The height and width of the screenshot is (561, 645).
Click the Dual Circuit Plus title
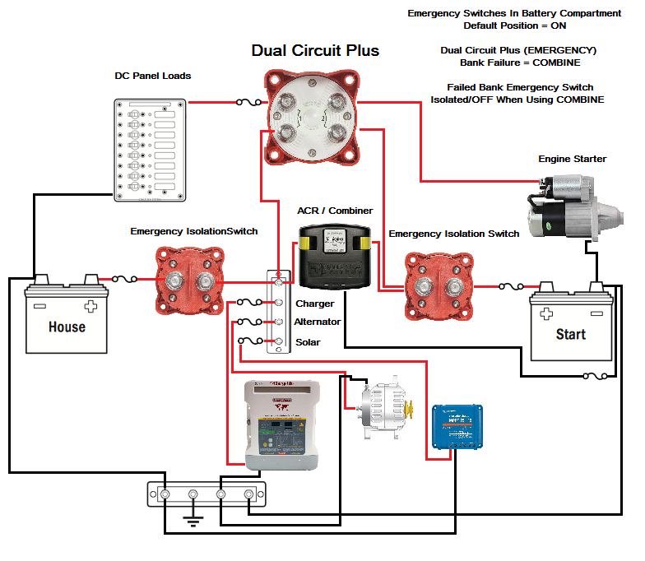click(315, 51)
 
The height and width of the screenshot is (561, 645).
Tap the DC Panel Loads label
click(153, 76)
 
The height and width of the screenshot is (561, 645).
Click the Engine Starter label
click(572, 158)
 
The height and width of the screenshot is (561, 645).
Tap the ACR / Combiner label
click(335, 211)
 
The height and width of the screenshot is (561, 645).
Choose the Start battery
click(571, 327)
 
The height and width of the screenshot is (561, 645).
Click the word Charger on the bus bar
click(314, 304)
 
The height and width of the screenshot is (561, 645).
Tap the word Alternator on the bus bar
click(317, 322)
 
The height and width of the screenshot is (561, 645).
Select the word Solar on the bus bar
click(308, 342)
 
